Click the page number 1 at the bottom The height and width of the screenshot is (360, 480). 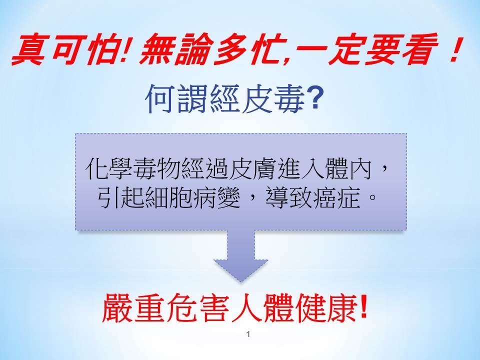tap(248, 334)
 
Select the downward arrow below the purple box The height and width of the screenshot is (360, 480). tap(240, 256)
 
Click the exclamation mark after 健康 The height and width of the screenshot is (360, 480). tap(363, 306)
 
